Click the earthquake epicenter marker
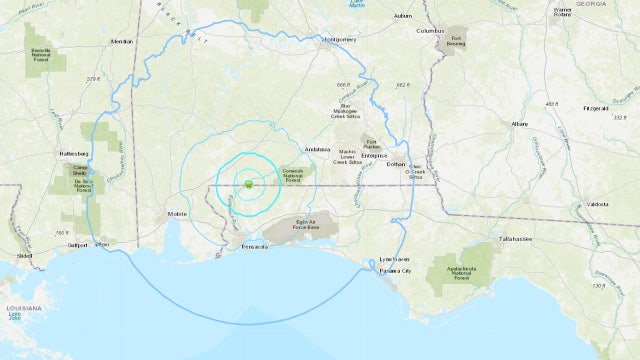[x=247, y=183]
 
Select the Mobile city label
[x=178, y=213]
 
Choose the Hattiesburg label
[x=76, y=154]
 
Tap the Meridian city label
[x=121, y=41]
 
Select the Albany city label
[x=519, y=123]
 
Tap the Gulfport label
[x=67, y=244]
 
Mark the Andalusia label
[x=319, y=149]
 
